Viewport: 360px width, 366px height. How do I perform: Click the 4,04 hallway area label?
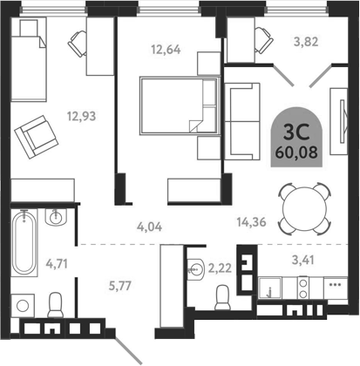pyautogui.click(x=150, y=229)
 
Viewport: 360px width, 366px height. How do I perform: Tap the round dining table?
pyautogui.click(x=301, y=205)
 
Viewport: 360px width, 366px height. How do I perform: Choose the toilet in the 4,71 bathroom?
pyautogui.click(x=58, y=305)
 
